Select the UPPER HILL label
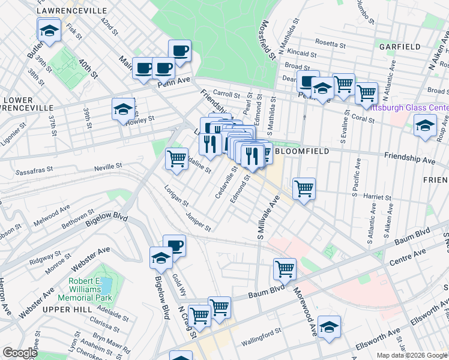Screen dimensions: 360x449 pyautogui.click(x=67, y=308)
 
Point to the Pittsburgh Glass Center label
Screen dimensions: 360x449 pyautogui.click(x=409, y=108)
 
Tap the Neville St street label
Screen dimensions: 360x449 pyautogui.click(x=108, y=165)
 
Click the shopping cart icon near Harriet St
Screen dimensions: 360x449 pyautogui.click(x=304, y=188)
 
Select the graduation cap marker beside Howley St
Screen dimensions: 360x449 pyautogui.click(x=123, y=109)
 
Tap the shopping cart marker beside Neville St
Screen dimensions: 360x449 pyautogui.click(x=176, y=159)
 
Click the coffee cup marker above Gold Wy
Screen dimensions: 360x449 pyautogui.click(x=174, y=245)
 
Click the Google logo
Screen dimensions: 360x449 pyautogui.click(x=20, y=353)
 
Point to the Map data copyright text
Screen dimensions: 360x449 pyautogui.click(x=412, y=355)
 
